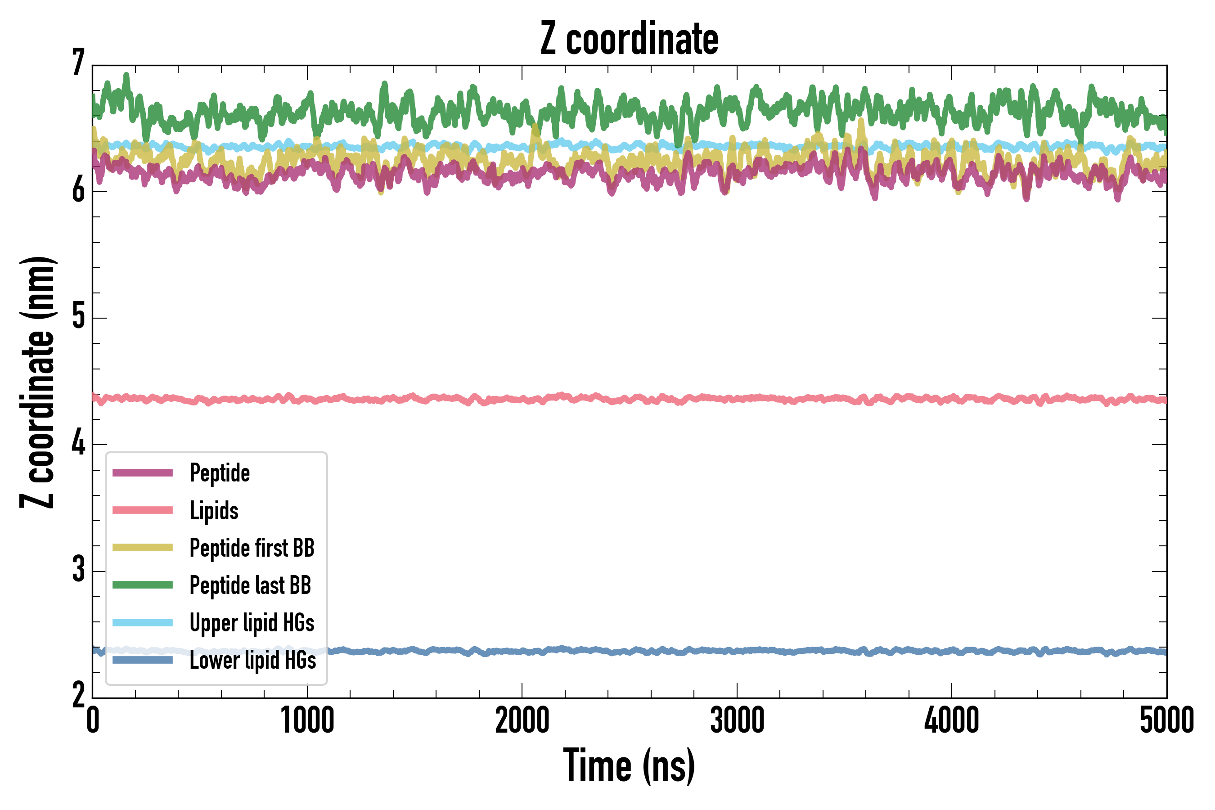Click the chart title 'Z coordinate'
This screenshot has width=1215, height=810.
[629, 39]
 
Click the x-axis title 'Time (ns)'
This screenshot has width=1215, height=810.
[629, 766]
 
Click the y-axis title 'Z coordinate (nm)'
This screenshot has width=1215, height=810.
[37, 382]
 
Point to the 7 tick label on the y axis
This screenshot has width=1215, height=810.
[78, 63]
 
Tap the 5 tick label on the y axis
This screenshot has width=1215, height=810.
[78, 316]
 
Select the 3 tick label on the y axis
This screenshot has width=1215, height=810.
[78, 570]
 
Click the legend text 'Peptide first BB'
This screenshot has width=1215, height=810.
[252, 548]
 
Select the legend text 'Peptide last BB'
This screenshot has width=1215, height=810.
[251, 585]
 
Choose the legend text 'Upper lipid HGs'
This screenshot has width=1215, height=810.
[252, 623]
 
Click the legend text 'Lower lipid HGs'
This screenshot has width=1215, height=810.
[253, 660]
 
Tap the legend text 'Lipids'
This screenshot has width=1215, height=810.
[214, 510]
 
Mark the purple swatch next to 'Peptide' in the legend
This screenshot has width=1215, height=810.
[143, 472]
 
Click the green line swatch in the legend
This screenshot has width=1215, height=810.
[143, 585]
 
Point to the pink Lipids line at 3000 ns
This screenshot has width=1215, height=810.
[737, 399]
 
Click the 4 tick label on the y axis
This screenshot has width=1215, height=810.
[78, 443]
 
